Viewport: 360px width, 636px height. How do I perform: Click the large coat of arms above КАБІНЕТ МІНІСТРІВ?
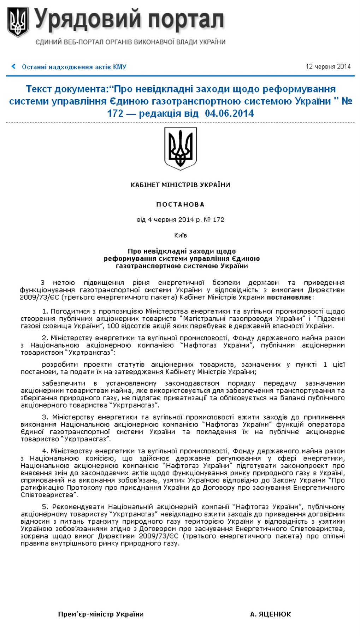pyautogui.click(x=181, y=148)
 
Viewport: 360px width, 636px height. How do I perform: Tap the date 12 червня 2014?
pyautogui.click(x=328, y=66)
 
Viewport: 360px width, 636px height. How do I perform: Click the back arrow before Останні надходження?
pyautogui.click(x=13, y=66)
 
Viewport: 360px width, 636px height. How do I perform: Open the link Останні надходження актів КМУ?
pyautogui.click(x=74, y=67)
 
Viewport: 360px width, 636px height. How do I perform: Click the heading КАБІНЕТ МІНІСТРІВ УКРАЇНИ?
pyautogui.click(x=180, y=185)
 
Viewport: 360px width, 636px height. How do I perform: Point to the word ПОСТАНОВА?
pyautogui.click(x=180, y=204)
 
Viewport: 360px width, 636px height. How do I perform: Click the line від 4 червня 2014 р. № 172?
pyautogui.click(x=180, y=219)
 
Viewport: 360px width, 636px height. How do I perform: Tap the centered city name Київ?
pyautogui.click(x=180, y=235)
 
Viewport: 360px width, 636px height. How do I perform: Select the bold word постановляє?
pyautogui.click(x=289, y=297)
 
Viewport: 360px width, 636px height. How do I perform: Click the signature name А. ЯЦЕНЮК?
pyautogui.click(x=270, y=614)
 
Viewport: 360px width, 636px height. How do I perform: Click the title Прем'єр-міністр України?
pyautogui.click(x=101, y=614)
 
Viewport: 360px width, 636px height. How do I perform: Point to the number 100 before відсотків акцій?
pyautogui.click(x=113, y=326)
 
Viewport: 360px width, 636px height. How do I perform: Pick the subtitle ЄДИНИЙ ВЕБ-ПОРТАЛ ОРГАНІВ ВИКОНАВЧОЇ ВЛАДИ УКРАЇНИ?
pyautogui.click(x=130, y=42)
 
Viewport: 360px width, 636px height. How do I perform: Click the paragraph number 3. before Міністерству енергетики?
pyautogui.click(x=45, y=417)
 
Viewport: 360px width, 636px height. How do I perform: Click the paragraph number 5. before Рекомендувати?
pyautogui.click(x=45, y=507)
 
